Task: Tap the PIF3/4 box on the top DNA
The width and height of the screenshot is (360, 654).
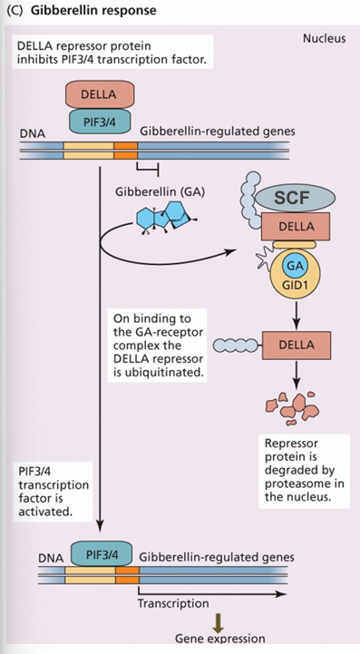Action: [x=98, y=122]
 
